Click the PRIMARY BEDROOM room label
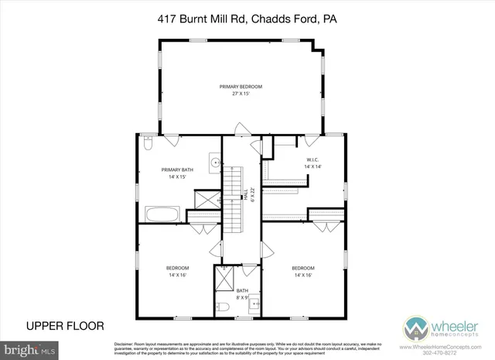point(241,86)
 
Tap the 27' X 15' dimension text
point(241,94)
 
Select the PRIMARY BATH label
point(177,170)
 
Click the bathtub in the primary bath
point(162,214)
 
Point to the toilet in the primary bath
point(148,144)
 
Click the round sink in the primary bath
point(217,163)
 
